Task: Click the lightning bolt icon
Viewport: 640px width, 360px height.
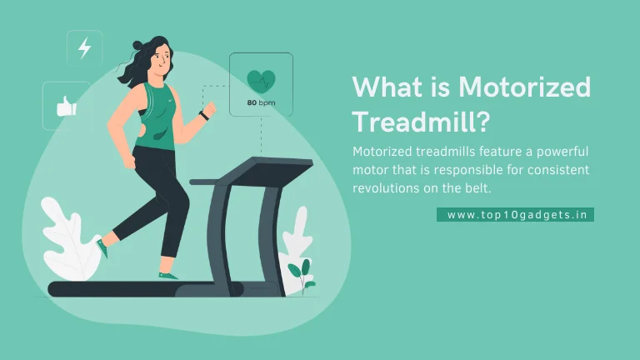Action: point(84,47)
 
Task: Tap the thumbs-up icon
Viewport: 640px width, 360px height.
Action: point(67,106)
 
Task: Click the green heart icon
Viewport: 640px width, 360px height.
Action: point(261,82)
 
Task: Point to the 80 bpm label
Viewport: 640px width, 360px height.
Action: point(261,102)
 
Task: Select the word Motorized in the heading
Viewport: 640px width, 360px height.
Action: point(524,87)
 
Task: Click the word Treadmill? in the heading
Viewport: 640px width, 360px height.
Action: point(421,121)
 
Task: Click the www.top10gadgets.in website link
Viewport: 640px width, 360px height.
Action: point(517,215)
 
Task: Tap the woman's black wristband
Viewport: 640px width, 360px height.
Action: point(204,116)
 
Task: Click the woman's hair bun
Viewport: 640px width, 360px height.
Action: point(138,44)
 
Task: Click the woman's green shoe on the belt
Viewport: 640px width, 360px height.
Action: point(167,276)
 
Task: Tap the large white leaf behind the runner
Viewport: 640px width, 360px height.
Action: point(69,240)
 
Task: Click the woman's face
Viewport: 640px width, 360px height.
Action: point(162,60)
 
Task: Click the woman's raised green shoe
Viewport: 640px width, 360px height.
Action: point(102,248)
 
